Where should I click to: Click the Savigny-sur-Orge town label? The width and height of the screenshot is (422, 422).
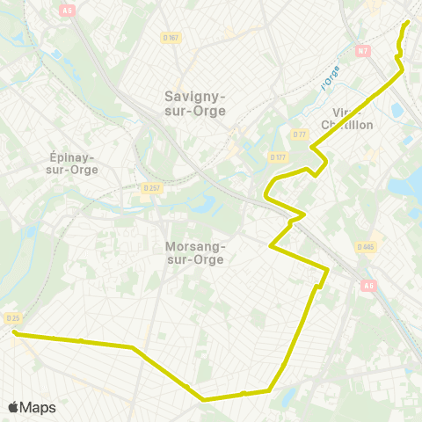[x=195, y=103]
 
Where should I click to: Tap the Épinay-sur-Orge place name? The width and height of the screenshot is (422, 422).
[x=72, y=164]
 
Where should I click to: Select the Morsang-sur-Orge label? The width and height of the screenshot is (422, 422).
[x=194, y=253]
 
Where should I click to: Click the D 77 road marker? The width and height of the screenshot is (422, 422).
[x=299, y=135]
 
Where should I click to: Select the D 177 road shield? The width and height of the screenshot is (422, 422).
[x=278, y=156]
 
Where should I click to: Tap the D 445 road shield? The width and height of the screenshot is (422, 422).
[x=367, y=247]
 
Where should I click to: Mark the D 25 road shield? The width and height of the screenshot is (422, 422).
[x=12, y=318]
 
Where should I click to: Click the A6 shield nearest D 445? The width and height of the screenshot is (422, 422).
[x=367, y=284]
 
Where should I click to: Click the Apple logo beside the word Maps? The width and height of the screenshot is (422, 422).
[x=14, y=407]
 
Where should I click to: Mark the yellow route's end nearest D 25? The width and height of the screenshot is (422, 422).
[x=15, y=332]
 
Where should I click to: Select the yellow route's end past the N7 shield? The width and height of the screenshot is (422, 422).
[x=408, y=21]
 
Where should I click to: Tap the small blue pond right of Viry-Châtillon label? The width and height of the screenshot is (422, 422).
[x=395, y=111]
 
